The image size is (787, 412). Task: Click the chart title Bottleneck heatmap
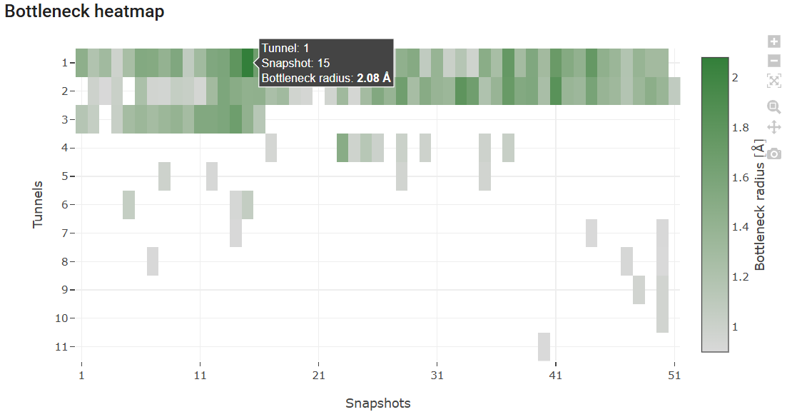click(x=84, y=12)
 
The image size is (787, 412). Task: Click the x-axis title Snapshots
click(x=377, y=403)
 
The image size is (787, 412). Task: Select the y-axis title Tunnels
click(x=38, y=204)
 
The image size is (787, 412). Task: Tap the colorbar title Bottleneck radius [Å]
click(x=760, y=207)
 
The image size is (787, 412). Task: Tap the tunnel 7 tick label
click(x=66, y=233)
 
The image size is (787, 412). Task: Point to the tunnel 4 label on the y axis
click(x=66, y=148)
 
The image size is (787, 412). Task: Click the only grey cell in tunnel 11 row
click(x=544, y=346)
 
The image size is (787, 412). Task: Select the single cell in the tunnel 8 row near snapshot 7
click(x=153, y=261)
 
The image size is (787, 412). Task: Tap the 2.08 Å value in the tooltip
click(x=373, y=78)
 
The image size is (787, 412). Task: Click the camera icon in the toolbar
click(x=774, y=153)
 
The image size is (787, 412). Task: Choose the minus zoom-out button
click(x=774, y=61)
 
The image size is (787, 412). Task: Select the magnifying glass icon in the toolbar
click(x=774, y=107)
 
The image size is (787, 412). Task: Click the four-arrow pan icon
click(x=774, y=128)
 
